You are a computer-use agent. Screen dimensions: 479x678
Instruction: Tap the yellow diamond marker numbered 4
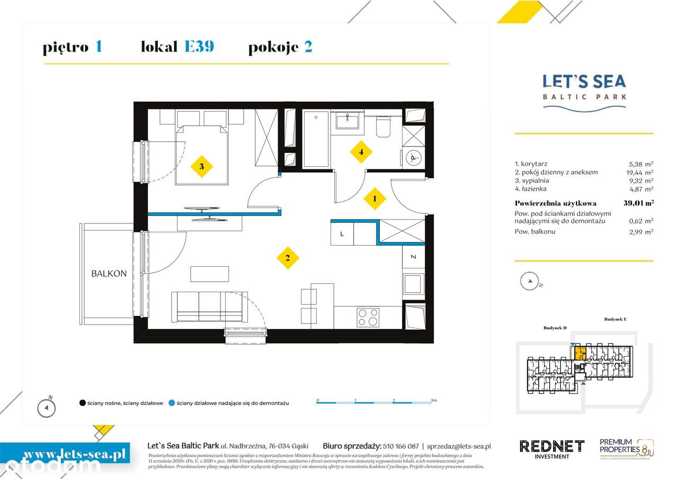pos(361,152)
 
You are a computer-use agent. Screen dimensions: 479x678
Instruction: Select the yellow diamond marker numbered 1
pos(375,198)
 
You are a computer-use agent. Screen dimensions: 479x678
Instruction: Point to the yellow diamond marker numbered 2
pos(288,258)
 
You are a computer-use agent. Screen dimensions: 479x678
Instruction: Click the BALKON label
pos(109,274)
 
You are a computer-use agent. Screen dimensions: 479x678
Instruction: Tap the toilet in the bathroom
pos(383,127)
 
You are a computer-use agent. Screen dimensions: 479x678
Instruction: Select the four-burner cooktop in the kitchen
pos(368,317)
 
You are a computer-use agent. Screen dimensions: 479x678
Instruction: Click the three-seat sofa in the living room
pos(210,306)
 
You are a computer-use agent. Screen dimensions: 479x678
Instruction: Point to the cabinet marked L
pos(342,233)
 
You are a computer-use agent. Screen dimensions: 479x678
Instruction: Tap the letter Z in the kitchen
pos(413,257)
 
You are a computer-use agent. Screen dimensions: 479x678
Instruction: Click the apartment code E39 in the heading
pos(199,47)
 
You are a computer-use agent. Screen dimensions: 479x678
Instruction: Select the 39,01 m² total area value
pos(638,203)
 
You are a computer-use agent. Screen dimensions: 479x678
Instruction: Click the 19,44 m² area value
pos(640,173)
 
